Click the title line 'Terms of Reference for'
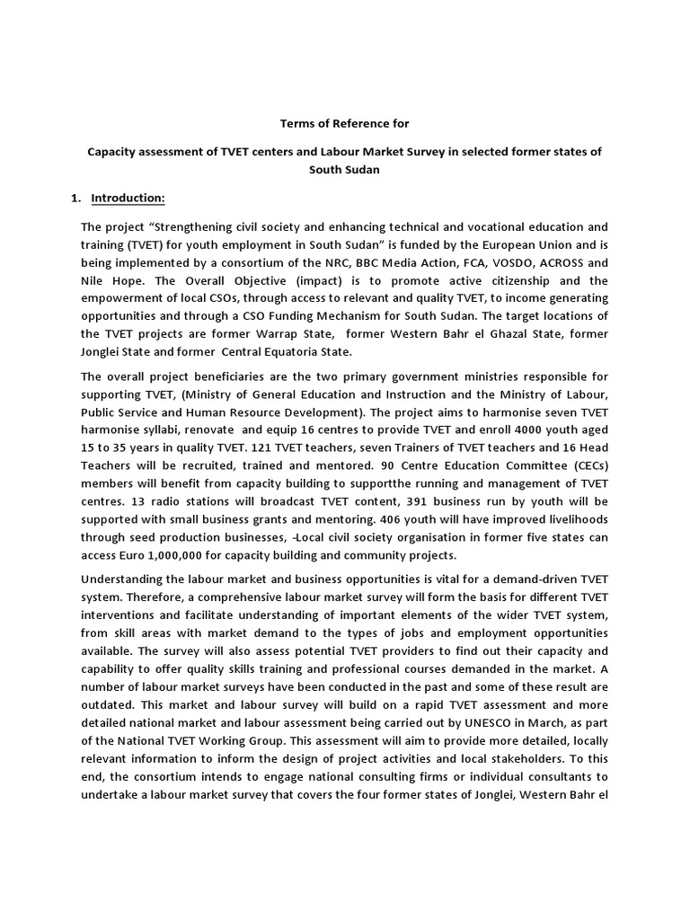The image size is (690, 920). click(344, 123)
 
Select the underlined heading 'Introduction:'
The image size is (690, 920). click(128, 198)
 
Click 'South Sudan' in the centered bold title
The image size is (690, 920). click(345, 169)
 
